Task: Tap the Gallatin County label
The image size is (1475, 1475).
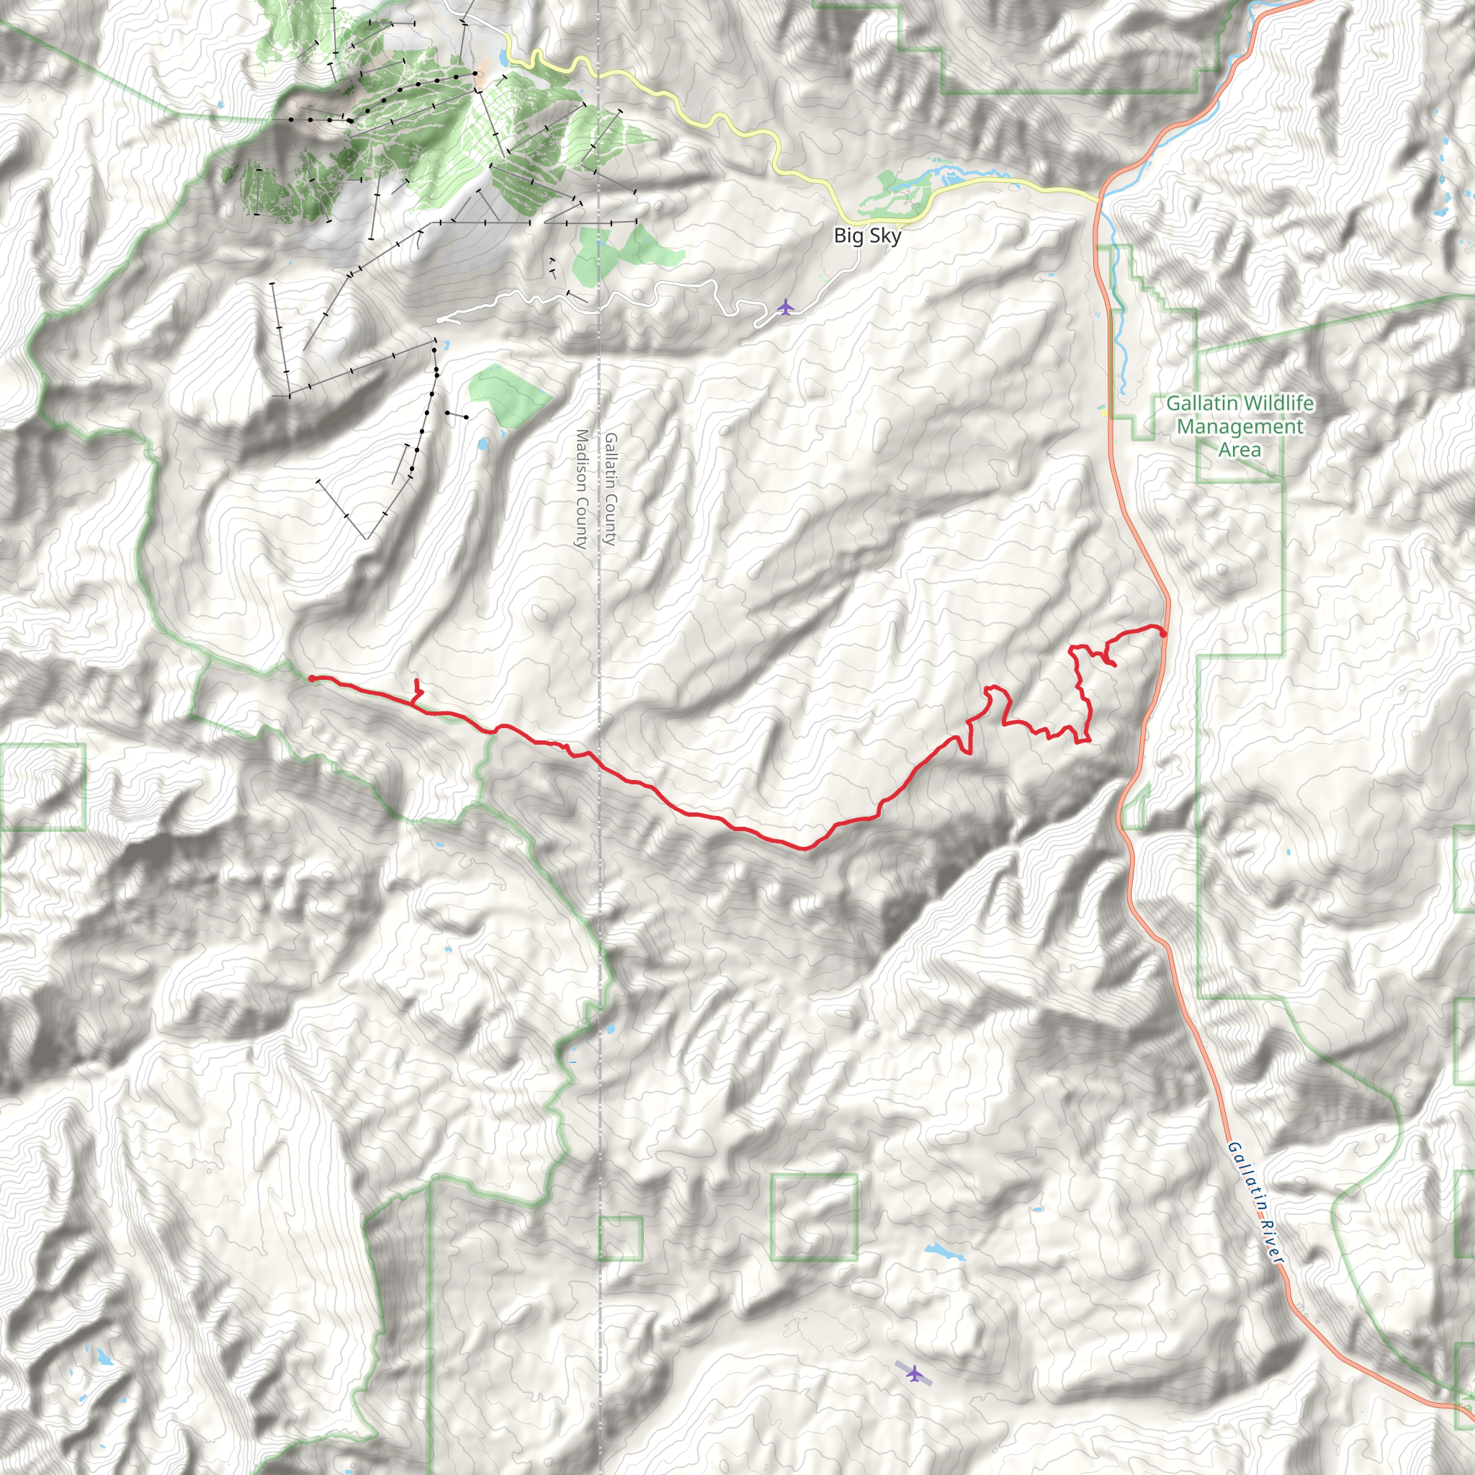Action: [x=610, y=488]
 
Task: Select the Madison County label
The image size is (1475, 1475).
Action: [x=582, y=488]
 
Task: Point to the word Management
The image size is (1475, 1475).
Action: [x=1240, y=426]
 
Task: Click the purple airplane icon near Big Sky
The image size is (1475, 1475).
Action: [x=785, y=307]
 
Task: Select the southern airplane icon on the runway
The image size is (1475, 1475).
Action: [x=913, y=1373]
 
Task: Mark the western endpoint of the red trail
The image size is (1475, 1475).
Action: [x=313, y=678]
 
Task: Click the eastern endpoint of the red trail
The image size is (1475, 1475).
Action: [x=1162, y=633]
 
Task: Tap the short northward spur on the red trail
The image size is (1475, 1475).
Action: [x=416, y=689]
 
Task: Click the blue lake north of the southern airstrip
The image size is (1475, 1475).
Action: [x=942, y=1252]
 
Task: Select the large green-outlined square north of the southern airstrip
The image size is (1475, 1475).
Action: [x=814, y=1217]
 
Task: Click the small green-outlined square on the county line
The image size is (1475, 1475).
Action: [x=620, y=1238]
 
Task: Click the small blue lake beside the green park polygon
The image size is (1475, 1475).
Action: [x=482, y=444]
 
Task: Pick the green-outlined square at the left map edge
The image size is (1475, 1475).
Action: [x=42, y=786]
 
